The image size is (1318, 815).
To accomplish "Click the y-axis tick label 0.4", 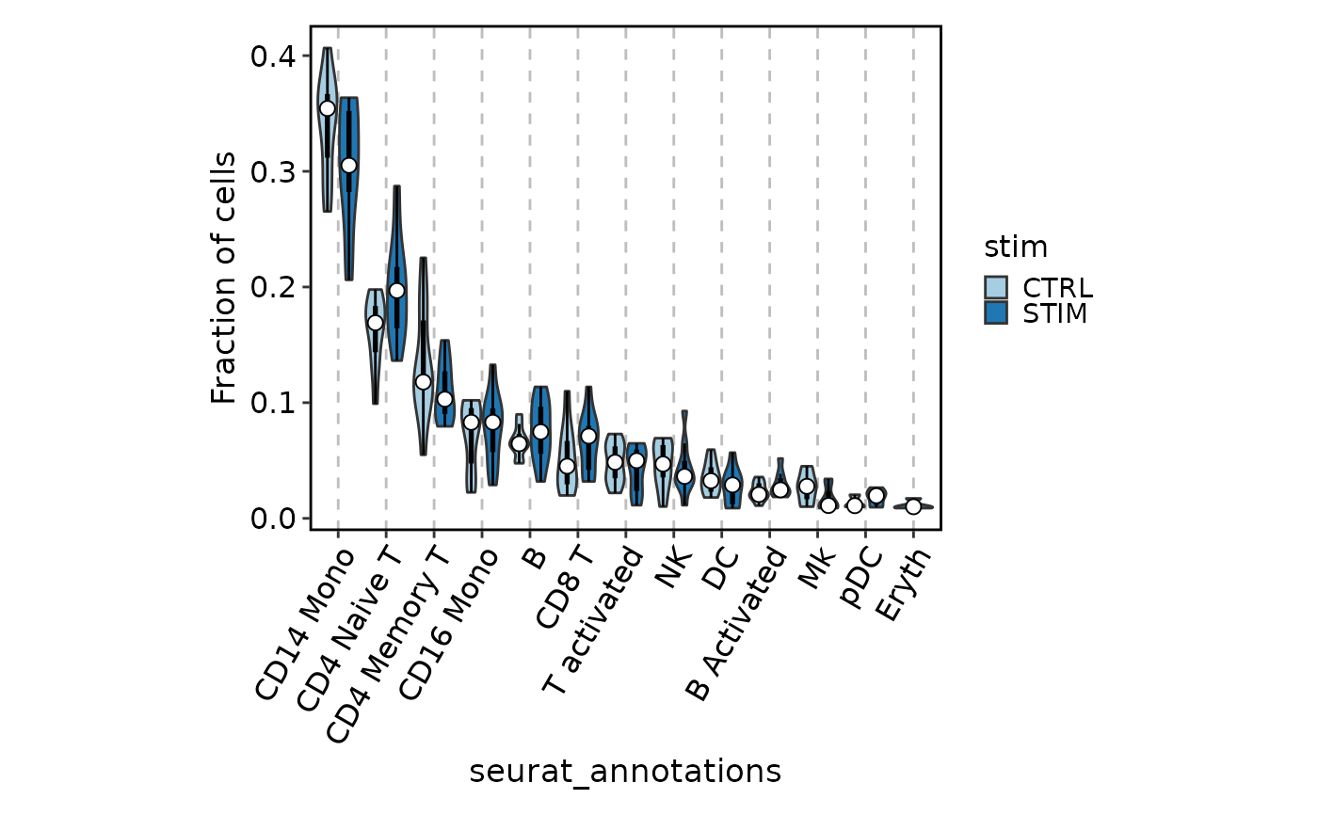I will (x=272, y=56).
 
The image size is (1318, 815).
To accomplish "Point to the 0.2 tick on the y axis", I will (x=272, y=287).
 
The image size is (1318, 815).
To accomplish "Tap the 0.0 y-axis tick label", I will (x=272, y=519).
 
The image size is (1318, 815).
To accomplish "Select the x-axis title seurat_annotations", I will (x=625, y=771).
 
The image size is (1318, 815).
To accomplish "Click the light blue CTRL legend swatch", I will (x=996, y=288).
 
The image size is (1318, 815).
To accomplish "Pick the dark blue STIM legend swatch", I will (x=996, y=312).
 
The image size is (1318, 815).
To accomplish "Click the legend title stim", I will (x=1016, y=248).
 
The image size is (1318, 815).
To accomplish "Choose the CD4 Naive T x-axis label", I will (x=351, y=627).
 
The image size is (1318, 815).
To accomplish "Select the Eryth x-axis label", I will (x=903, y=583).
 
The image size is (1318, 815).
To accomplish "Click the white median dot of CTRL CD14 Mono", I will (x=327, y=108).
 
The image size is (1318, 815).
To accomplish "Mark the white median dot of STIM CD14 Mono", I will (x=348, y=165).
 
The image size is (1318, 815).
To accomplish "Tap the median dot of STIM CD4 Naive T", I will (x=396, y=291).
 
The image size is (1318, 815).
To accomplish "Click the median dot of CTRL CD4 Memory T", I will (x=423, y=381).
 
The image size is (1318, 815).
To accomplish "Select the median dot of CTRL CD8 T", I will (x=567, y=466).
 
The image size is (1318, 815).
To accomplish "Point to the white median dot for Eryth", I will (x=913, y=506).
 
